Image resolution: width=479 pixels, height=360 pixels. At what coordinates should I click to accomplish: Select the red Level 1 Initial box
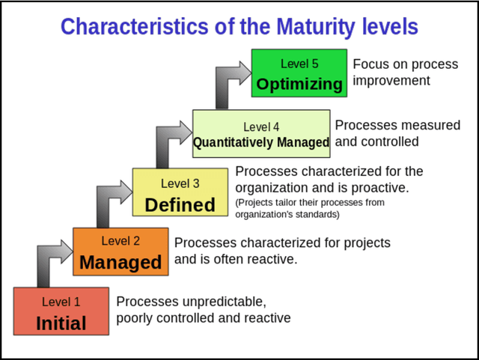pyautogui.click(x=61, y=311)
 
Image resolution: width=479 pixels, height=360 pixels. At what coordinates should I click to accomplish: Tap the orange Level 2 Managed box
pyautogui.click(x=120, y=251)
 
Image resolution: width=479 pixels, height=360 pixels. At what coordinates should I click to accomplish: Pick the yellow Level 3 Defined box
pyautogui.click(x=180, y=192)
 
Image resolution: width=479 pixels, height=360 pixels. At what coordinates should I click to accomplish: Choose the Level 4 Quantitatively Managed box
pyautogui.click(x=261, y=133)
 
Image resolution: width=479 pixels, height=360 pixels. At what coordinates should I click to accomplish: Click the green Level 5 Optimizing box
pyautogui.click(x=299, y=73)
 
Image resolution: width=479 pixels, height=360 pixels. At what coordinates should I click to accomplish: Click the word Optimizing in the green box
pyautogui.click(x=299, y=84)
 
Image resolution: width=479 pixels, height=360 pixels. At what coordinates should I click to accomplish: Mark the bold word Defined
pyautogui.click(x=180, y=204)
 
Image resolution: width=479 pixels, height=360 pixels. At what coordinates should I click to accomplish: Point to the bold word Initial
pyautogui.click(x=61, y=323)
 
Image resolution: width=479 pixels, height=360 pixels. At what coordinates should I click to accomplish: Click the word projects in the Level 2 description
pyautogui.click(x=366, y=243)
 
